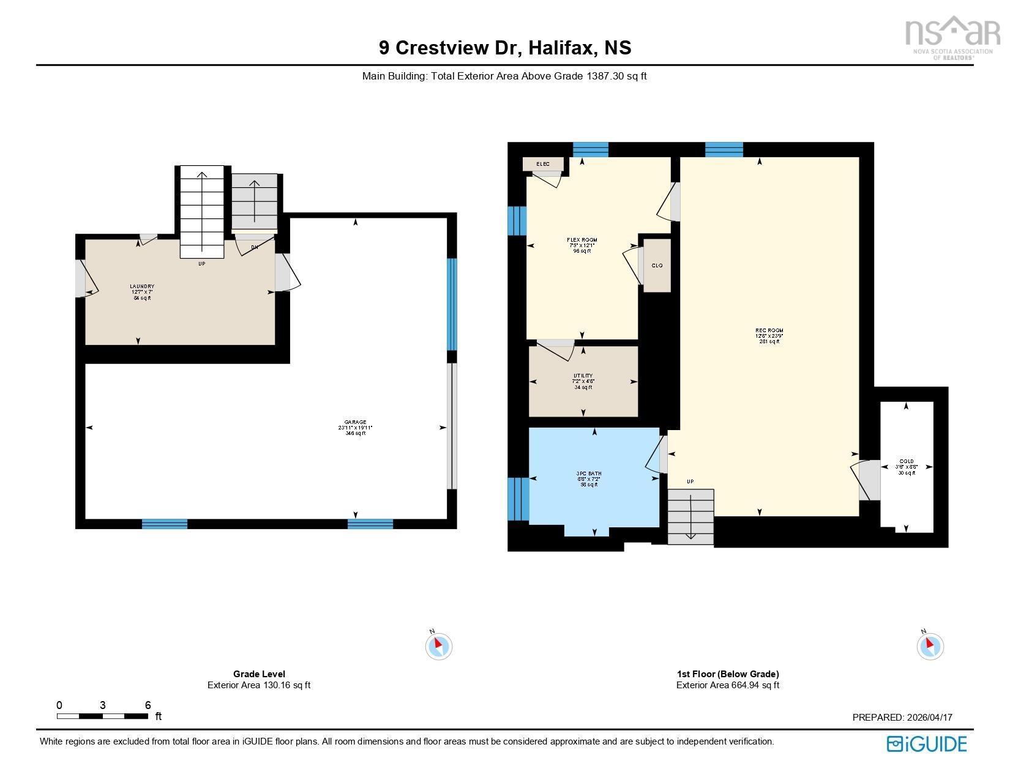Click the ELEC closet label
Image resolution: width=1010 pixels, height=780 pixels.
click(543, 164)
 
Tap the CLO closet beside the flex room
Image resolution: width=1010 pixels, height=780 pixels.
click(657, 266)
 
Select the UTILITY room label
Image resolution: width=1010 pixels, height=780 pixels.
click(583, 376)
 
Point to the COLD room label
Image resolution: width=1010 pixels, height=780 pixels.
click(907, 462)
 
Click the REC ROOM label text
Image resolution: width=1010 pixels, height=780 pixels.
click(769, 331)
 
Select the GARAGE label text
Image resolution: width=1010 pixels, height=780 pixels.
click(355, 422)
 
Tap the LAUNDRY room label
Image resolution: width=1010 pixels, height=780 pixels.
click(141, 287)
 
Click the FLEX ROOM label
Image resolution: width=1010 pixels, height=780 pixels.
click(582, 240)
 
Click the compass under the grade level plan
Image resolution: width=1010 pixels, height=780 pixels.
click(438, 645)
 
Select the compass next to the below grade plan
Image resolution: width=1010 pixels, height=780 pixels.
click(930, 645)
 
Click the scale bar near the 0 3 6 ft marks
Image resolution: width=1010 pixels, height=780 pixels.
click(102, 716)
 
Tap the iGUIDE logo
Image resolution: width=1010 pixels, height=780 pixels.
click(927, 744)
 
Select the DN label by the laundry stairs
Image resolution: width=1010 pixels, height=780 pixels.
click(254, 248)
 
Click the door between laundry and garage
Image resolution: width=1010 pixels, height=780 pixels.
click(285, 273)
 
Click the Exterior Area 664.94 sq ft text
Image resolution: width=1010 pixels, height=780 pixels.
click(727, 685)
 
